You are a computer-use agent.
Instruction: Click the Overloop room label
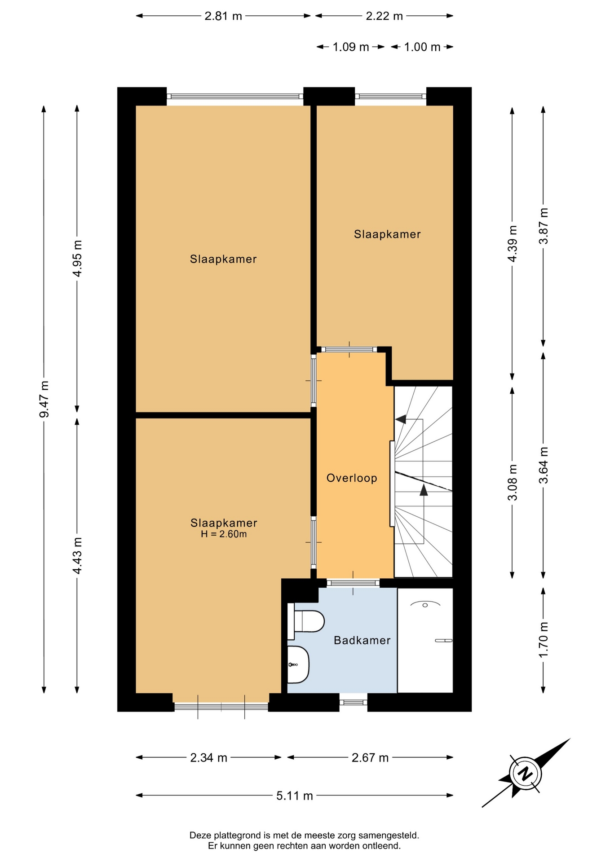click(x=352, y=478)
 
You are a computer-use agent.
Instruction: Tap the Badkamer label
click(x=362, y=641)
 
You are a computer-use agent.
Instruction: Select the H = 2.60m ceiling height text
click(x=224, y=534)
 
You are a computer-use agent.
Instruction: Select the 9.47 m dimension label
click(x=44, y=399)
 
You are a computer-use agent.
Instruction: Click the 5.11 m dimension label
click(x=295, y=796)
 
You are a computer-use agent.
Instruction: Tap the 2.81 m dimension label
click(x=223, y=16)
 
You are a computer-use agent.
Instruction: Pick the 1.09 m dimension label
click(x=351, y=47)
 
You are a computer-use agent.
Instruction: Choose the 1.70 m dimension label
click(x=544, y=639)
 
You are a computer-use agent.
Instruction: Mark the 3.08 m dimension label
click(x=513, y=482)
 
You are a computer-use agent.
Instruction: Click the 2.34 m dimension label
click(x=209, y=758)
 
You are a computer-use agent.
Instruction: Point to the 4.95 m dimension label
click(x=77, y=259)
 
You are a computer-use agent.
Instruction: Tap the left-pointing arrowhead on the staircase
click(x=400, y=419)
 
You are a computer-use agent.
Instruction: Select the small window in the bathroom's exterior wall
click(x=353, y=702)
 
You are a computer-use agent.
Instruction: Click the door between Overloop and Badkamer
click(x=353, y=583)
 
